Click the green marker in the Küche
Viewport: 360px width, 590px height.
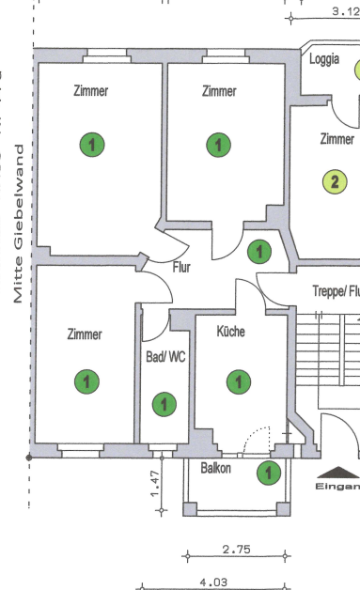(x=240, y=381)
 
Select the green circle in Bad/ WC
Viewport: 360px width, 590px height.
(x=164, y=405)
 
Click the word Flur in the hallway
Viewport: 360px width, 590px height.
(x=182, y=267)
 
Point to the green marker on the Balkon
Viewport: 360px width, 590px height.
(x=269, y=472)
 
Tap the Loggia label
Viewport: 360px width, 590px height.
(x=325, y=59)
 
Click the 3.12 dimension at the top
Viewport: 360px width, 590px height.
(x=345, y=12)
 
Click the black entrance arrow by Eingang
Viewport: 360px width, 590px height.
(x=336, y=473)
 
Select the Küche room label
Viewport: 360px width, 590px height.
(x=231, y=332)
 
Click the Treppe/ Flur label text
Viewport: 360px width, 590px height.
(x=336, y=292)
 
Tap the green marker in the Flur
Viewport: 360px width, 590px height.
(x=258, y=251)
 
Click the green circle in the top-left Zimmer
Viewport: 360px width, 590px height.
(x=91, y=145)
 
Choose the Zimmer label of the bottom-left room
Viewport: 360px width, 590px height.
(x=85, y=334)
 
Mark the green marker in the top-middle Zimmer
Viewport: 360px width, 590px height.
(x=218, y=145)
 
